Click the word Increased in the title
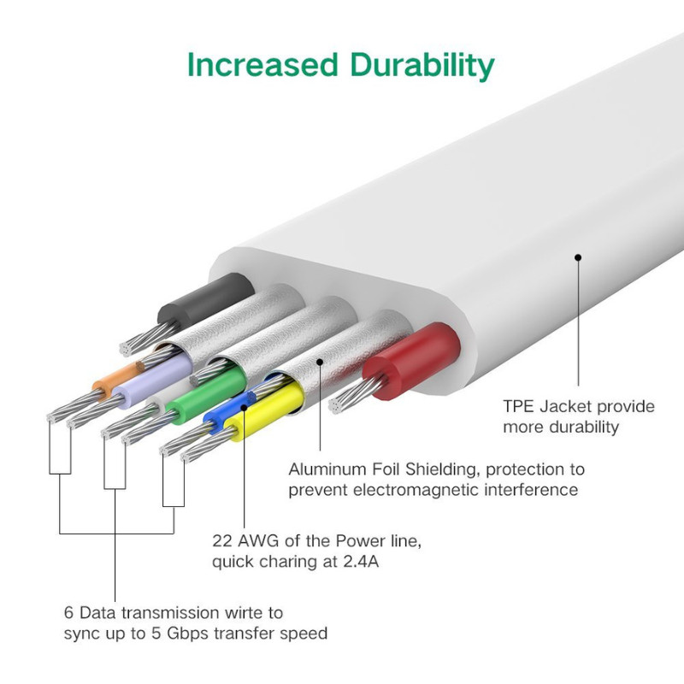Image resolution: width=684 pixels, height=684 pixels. (262, 65)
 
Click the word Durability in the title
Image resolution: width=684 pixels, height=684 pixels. (422, 66)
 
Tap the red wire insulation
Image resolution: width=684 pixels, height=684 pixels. (411, 361)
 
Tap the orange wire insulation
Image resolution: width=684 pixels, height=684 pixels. (115, 380)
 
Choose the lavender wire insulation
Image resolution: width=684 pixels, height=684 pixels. (153, 380)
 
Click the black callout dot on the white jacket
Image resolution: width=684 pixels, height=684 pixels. (578, 258)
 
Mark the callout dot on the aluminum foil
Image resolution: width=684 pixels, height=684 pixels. (320, 362)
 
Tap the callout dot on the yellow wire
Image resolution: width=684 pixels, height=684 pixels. (244, 408)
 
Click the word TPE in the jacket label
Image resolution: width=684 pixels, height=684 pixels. (519, 407)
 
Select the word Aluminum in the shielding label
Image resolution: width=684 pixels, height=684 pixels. (327, 469)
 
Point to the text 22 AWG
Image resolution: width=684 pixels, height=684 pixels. (245, 541)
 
